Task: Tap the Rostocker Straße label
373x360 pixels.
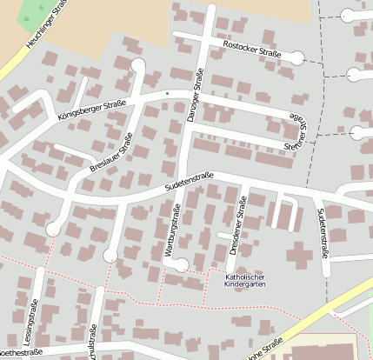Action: (x=252, y=49)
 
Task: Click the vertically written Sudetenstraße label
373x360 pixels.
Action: (x=323, y=232)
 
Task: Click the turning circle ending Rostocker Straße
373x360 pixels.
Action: (x=297, y=58)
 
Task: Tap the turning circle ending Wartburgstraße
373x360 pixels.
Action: (x=181, y=265)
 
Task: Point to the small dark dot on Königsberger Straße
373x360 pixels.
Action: (x=166, y=92)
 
